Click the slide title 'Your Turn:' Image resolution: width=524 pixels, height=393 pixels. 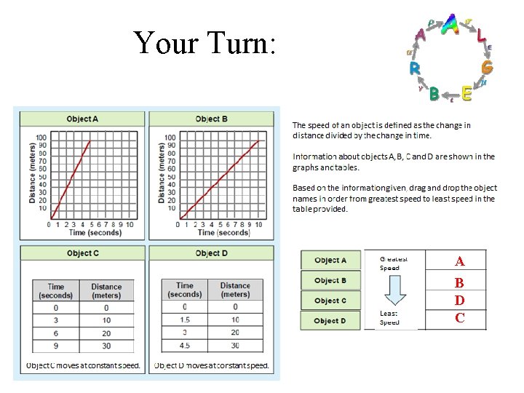pyautogui.click(x=205, y=43)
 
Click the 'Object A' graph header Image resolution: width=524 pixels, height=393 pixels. pyautogui.click(x=82, y=119)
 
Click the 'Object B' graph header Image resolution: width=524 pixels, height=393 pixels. pyautogui.click(x=212, y=119)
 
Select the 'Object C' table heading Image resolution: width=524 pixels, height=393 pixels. pyautogui.click(x=82, y=253)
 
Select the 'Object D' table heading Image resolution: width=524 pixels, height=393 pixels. pyautogui.click(x=212, y=253)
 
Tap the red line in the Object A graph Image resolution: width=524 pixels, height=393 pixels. pyautogui.click(x=71, y=178)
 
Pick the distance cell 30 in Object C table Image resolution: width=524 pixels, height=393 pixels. pyautogui.click(x=106, y=346)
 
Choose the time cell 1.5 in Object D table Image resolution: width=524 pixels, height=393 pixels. pyautogui.click(x=184, y=319)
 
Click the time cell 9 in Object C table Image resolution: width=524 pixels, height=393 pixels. pyautogui.click(x=55, y=346)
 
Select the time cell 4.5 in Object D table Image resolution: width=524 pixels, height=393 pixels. pyautogui.click(x=184, y=346)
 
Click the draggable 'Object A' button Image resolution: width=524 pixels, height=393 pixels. pyautogui.click(x=330, y=261)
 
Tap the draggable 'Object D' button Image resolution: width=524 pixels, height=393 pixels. pyautogui.click(x=330, y=321)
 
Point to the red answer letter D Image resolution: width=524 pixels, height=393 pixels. pyautogui.click(x=459, y=300)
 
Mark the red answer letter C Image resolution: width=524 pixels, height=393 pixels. pyautogui.click(x=459, y=318)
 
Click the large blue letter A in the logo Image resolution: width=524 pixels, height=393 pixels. pyautogui.click(x=450, y=25)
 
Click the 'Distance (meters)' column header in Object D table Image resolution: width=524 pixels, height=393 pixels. pyautogui.click(x=235, y=290)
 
